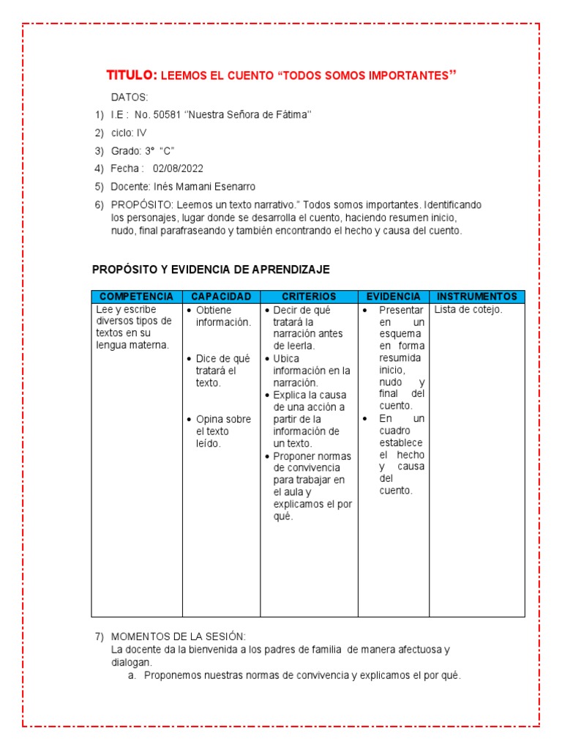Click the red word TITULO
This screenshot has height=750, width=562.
131,75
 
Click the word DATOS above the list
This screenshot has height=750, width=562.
130,97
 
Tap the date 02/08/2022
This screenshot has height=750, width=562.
178,168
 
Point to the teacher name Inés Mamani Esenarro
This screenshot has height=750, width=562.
203,187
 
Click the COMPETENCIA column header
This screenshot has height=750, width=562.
137,297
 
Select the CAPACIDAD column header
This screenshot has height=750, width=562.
221,297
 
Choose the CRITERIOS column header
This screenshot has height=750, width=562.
309,297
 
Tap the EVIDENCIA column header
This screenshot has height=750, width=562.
393,297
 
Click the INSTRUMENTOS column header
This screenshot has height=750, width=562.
476,297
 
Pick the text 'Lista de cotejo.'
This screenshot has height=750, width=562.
468,311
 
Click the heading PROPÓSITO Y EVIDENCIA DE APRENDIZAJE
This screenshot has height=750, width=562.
211,270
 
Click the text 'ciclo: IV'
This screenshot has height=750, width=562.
129,133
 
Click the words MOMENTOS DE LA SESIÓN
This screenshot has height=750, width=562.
179,637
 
